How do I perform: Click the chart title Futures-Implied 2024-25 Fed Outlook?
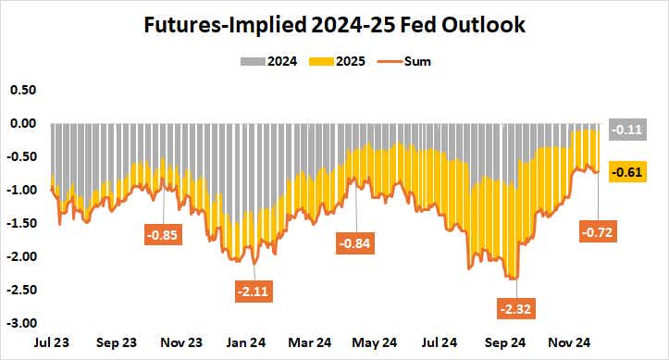334,25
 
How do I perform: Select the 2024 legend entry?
274,62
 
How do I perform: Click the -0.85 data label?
163,232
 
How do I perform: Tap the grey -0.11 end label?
628,130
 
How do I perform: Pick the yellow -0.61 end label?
628,171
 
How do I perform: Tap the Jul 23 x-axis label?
50,341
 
